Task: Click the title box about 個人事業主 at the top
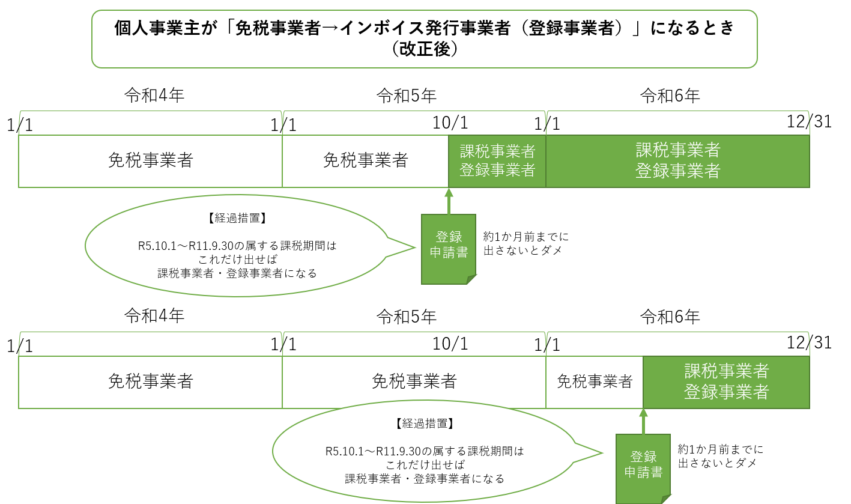click(x=424, y=38)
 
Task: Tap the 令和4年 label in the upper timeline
click(x=154, y=95)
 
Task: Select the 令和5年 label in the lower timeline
click(x=406, y=316)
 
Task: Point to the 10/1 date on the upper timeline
click(x=450, y=123)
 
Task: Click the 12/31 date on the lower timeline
click(x=809, y=342)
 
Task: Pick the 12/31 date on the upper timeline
click(x=809, y=121)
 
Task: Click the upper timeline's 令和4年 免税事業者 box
click(x=150, y=161)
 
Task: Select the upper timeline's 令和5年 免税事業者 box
click(x=365, y=161)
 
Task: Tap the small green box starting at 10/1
click(x=497, y=161)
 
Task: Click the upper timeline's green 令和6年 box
click(x=677, y=161)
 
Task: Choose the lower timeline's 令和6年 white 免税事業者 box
click(x=595, y=382)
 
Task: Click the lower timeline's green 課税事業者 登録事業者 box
click(x=726, y=382)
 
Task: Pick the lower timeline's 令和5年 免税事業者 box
click(x=414, y=382)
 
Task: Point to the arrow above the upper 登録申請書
click(x=449, y=201)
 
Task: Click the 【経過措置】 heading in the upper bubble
click(x=237, y=219)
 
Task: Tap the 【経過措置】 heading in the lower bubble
click(x=424, y=424)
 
